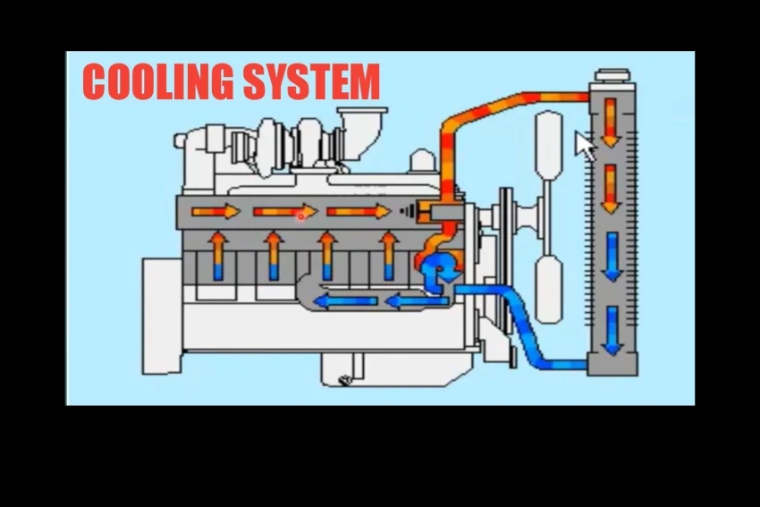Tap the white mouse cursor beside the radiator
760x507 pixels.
[x=585, y=146]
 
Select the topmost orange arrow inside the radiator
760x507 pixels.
[x=612, y=122]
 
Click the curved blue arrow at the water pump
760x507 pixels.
[x=441, y=271]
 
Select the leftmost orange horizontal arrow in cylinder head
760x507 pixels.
[x=215, y=212]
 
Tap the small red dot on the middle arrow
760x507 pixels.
[x=301, y=215]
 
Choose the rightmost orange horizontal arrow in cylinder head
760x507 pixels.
[x=359, y=212]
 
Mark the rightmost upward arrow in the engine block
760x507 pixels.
[x=388, y=256]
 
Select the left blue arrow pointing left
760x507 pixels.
[x=343, y=302]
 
